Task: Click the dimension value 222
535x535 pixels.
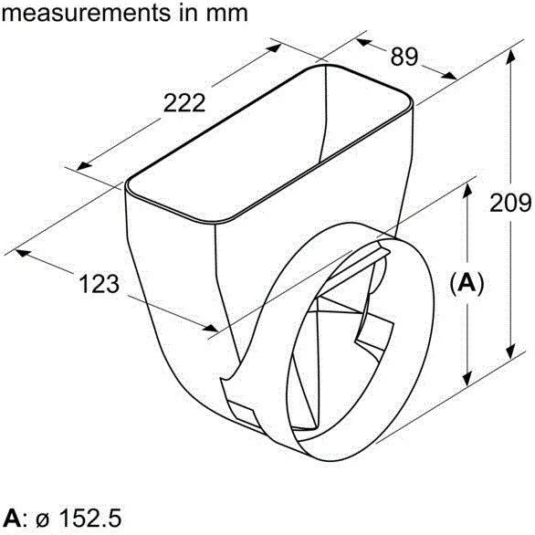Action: (x=184, y=102)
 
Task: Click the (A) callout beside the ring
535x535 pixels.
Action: (x=467, y=283)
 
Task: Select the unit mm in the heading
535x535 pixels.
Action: (x=226, y=15)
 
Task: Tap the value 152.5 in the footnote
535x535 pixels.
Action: (x=89, y=519)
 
